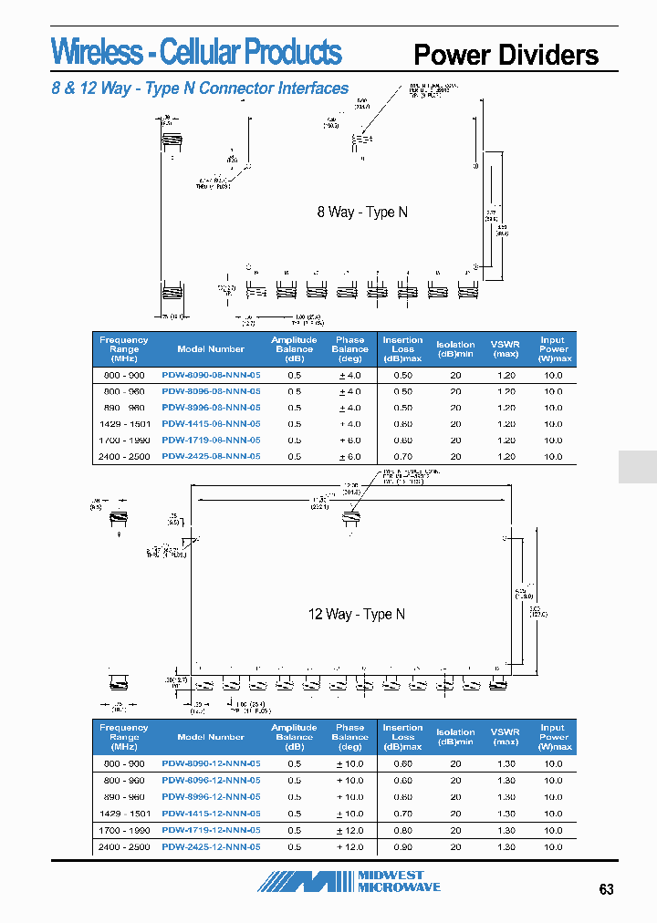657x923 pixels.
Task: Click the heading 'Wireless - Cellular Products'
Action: click(x=196, y=53)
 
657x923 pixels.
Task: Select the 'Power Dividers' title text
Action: click(x=506, y=55)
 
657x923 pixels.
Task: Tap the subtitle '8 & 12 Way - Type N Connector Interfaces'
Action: click(x=200, y=88)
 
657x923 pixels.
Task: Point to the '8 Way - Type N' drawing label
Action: click(x=362, y=212)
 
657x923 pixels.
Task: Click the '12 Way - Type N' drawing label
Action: click(x=356, y=614)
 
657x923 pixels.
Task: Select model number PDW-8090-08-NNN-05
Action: click(x=211, y=375)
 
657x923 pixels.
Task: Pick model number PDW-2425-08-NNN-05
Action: click(x=211, y=456)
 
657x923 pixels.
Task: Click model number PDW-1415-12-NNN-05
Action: click(x=211, y=814)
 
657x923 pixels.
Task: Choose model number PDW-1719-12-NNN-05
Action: click(x=211, y=830)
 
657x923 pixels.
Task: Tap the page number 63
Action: click(x=607, y=890)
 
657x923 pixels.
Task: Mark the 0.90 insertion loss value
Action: click(x=402, y=846)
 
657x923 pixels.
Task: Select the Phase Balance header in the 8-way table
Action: click(x=349, y=348)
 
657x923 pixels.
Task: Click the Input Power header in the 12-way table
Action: click(x=553, y=737)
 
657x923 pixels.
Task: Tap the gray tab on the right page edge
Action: click(x=638, y=466)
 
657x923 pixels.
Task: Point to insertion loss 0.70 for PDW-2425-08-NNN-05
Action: click(x=402, y=456)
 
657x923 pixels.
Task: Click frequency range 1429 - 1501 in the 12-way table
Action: click(x=123, y=814)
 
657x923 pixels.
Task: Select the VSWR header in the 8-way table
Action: click(x=505, y=348)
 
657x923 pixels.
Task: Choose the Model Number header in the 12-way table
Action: click(x=211, y=737)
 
